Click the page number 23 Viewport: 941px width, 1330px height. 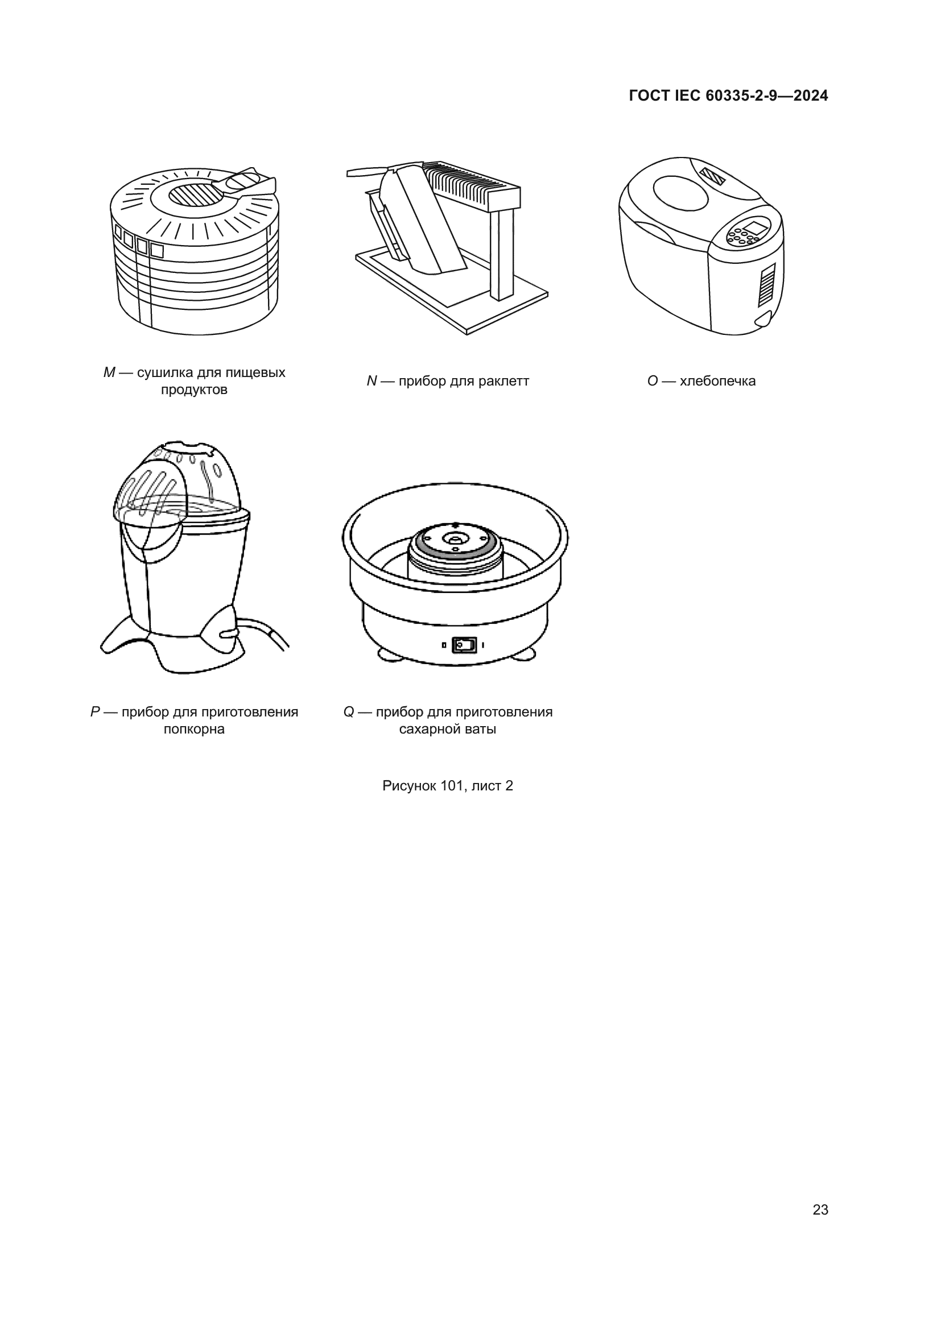820,1210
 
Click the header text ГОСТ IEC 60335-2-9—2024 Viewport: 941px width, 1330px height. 728,96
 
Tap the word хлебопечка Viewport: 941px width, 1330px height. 717,381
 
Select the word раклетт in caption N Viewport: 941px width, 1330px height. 503,381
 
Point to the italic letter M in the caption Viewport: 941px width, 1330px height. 109,372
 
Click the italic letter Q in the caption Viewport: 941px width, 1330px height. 348,712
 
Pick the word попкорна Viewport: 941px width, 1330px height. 194,730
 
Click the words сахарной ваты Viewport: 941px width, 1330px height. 447,730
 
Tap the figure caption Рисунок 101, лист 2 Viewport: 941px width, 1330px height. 447,786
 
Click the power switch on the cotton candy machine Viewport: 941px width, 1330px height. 464,645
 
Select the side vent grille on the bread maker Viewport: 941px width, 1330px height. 766,285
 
